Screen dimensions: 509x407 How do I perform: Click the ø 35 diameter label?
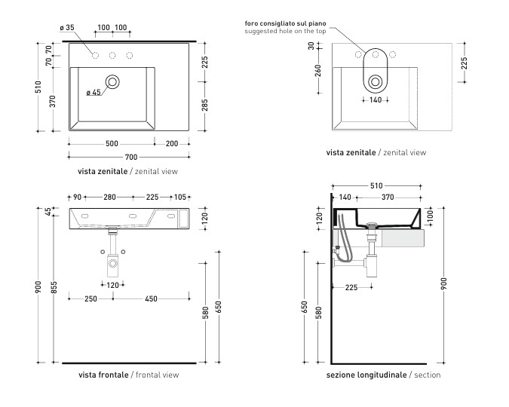coord(67,28)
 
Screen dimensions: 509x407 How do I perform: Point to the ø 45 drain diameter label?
coord(94,93)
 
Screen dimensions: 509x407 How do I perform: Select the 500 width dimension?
coord(112,143)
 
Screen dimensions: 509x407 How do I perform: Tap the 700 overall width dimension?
coord(131,157)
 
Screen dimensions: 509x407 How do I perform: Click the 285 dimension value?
coord(205,106)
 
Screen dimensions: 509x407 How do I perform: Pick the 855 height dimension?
coord(54,288)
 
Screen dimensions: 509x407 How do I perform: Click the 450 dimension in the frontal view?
coord(151,298)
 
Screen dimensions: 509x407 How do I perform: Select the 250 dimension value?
coord(90,298)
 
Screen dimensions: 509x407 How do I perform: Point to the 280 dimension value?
coord(110,197)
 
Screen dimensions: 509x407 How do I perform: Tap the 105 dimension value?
coord(180,197)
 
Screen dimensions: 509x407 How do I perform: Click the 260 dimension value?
coord(318,71)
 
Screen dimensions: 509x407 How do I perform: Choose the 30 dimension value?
coord(311,46)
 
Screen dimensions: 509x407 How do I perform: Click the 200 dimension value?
coord(172,143)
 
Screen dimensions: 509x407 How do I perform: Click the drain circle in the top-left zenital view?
coord(112,82)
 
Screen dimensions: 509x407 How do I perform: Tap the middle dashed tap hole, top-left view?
coord(112,56)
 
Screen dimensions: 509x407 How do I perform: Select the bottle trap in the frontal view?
coord(113,263)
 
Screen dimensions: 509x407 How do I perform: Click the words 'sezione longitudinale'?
coord(366,375)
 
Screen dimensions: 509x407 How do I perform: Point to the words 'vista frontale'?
coord(103,375)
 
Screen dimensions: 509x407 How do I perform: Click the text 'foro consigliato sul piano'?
coord(285,23)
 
